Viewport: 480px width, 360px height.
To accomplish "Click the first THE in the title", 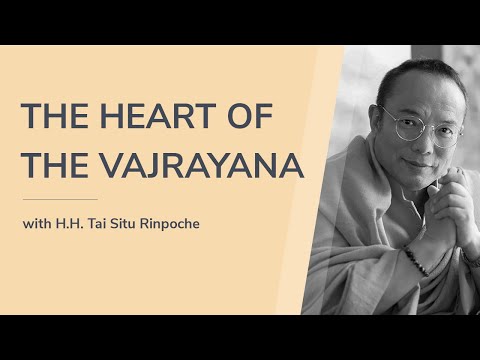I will [55, 118].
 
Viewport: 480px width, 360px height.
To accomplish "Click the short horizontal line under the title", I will [60, 200].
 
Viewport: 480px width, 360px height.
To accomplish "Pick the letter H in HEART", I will [120, 118].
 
